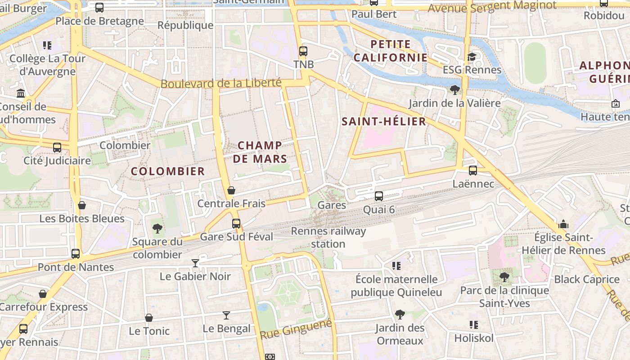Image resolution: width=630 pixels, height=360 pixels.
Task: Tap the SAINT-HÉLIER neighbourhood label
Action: coord(383,121)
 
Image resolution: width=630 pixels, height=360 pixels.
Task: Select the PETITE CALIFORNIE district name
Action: coord(390,51)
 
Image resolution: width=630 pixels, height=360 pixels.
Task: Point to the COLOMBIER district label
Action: coord(168,171)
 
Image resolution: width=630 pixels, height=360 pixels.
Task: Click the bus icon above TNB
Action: coord(303,51)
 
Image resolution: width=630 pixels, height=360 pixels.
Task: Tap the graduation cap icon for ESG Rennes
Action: coord(472,57)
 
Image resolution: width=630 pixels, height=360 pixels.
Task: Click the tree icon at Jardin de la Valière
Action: coord(454,90)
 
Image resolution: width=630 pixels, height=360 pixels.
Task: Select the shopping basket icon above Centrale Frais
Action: coord(231,190)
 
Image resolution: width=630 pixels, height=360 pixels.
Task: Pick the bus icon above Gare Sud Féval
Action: coord(236,223)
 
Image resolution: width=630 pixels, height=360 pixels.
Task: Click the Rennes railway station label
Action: coord(328,238)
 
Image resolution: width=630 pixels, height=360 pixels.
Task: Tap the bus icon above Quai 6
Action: coord(379,196)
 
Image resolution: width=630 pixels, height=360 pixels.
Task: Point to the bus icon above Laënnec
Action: coord(473,171)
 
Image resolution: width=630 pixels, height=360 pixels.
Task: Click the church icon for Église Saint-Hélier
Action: coord(563,224)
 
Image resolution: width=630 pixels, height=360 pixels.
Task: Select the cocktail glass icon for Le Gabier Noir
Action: coord(195,263)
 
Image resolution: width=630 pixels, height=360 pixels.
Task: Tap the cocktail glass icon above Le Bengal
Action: coord(226,315)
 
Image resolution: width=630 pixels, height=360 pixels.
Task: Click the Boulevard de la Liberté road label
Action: coord(221,84)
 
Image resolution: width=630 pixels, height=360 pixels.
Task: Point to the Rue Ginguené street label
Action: coord(296,329)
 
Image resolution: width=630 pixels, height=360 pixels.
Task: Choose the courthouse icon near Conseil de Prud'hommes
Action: coord(21,94)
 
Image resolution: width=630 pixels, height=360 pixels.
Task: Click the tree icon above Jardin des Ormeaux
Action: coord(400,315)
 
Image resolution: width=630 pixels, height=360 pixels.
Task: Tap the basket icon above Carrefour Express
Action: coord(43,294)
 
